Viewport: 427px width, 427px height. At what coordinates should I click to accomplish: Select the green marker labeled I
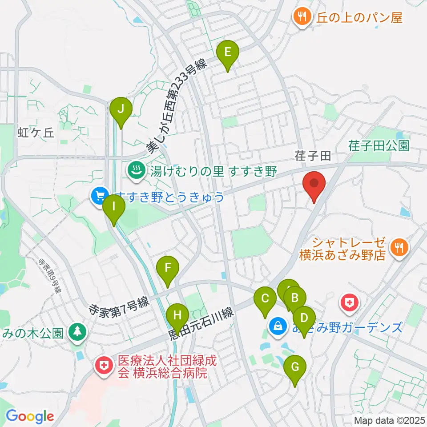click(113, 207)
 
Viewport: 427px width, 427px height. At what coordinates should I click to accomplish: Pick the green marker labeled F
click(168, 268)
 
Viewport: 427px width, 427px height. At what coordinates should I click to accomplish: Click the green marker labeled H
click(177, 316)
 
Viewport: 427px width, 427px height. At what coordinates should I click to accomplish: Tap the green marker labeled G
click(295, 367)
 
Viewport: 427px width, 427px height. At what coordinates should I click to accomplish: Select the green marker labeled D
click(304, 318)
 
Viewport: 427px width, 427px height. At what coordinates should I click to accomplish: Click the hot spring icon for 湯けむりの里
click(135, 170)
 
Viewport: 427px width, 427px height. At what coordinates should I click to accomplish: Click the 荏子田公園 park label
click(379, 145)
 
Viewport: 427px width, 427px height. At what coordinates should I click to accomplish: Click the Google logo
click(30, 416)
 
